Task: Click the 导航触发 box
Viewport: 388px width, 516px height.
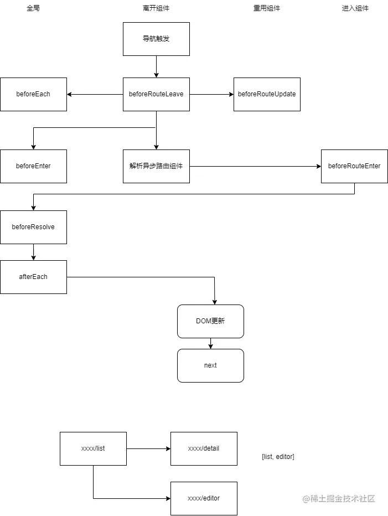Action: [x=156, y=39]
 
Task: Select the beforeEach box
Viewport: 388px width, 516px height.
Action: [x=33, y=94]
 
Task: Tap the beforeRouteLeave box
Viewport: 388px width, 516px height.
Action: [x=156, y=94]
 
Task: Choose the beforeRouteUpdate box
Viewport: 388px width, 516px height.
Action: [x=267, y=94]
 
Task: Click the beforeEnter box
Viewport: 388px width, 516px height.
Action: [x=33, y=166]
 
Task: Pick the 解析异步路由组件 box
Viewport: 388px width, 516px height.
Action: [x=156, y=166]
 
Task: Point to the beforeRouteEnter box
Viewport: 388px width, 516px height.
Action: [x=354, y=166]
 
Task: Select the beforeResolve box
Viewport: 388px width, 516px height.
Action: [x=33, y=227]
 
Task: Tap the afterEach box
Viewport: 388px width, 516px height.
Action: [x=33, y=277]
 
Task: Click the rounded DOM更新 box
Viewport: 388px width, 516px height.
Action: [x=210, y=321]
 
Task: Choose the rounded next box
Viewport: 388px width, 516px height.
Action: [x=210, y=365]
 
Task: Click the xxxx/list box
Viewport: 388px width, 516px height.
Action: [x=93, y=448]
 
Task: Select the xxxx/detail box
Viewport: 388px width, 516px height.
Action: [x=204, y=448]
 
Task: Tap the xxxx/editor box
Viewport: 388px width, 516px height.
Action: [x=204, y=498]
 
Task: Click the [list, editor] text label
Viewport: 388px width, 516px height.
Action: [x=278, y=457]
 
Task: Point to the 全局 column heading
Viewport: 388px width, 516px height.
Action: [x=33, y=8]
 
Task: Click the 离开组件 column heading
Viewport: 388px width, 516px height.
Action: [x=156, y=8]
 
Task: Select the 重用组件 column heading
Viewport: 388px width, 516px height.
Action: [x=267, y=8]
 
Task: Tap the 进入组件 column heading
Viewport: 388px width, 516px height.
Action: [x=355, y=8]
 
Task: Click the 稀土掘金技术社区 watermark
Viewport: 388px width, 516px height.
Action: [x=339, y=499]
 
